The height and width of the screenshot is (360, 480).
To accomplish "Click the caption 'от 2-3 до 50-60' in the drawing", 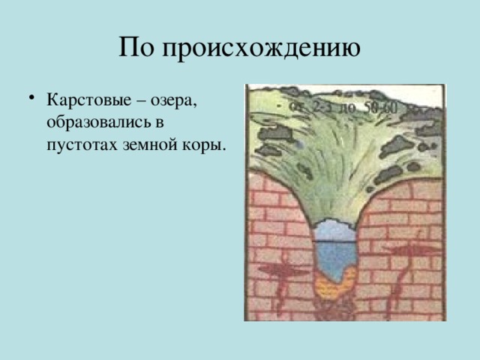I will (x=346, y=107).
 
